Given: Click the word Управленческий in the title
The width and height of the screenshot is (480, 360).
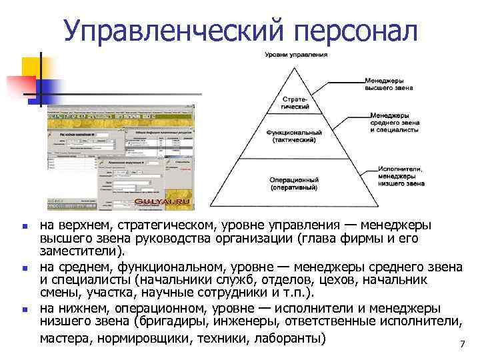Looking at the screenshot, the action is coord(171,31).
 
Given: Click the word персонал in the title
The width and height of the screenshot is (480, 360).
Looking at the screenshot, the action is coord(353,31).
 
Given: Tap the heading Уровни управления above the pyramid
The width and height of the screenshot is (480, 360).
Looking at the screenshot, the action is coord(296,54).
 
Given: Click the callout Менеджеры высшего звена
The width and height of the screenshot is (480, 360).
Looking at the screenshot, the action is coord(389,83).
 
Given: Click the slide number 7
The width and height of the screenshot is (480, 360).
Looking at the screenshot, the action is coord(461,345).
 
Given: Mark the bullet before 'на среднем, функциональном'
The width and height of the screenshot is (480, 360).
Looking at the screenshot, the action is coord(25,269).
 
